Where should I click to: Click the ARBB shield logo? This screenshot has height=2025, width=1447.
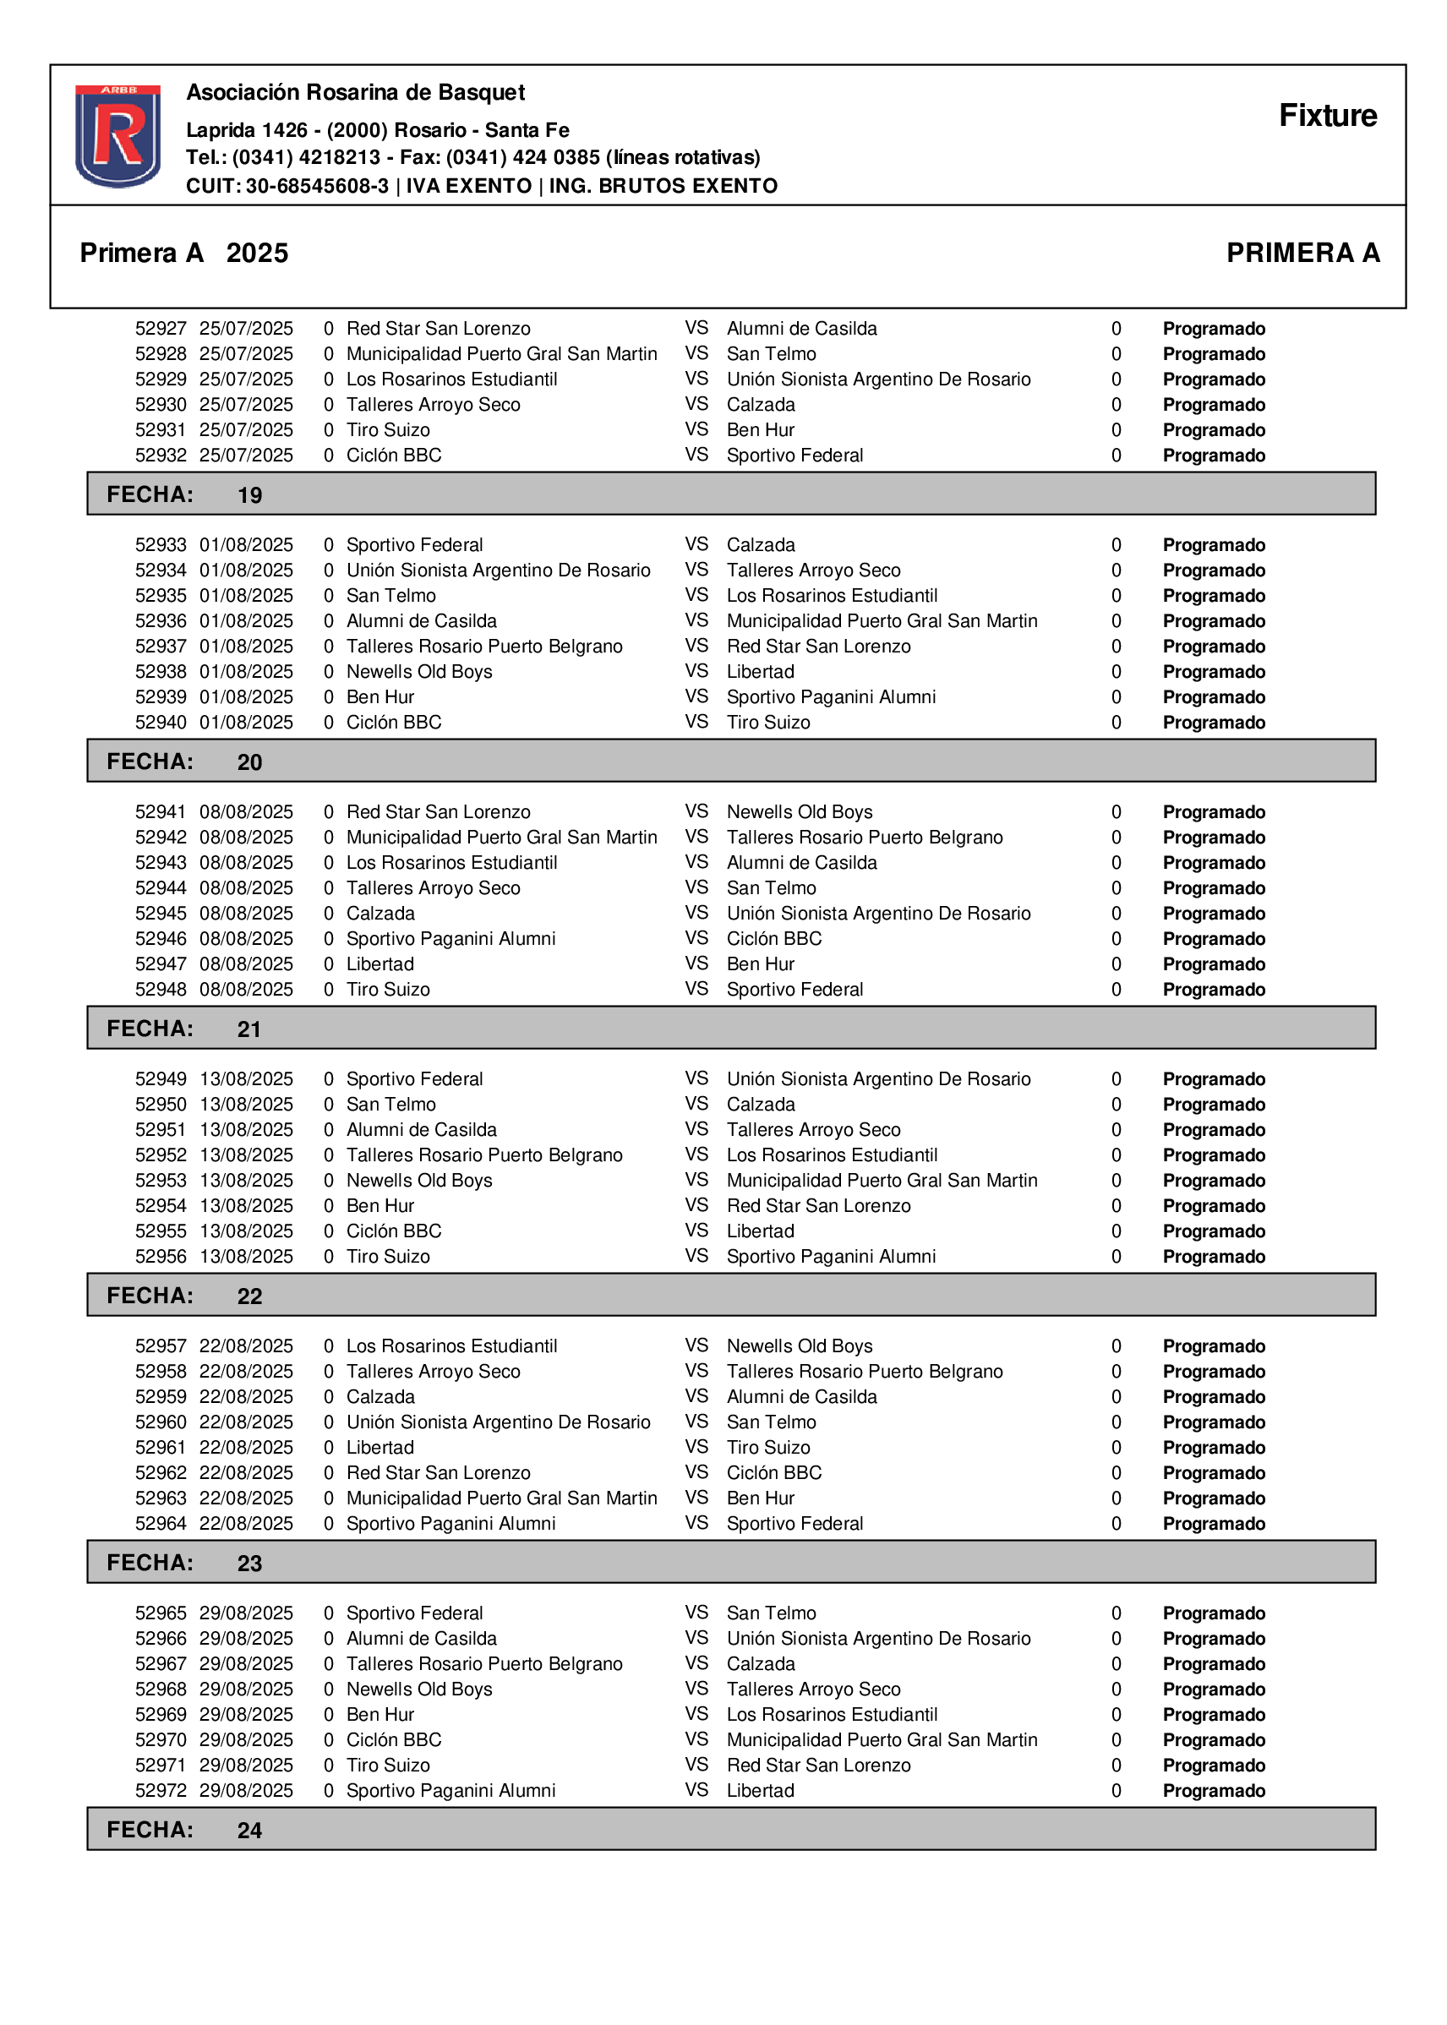117,135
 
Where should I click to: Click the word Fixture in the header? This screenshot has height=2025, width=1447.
1327,116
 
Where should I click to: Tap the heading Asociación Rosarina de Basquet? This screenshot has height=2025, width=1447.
355,93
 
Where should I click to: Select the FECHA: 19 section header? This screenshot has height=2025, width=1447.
183,494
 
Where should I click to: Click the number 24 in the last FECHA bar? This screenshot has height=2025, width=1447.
249,1830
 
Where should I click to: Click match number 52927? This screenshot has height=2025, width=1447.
161,329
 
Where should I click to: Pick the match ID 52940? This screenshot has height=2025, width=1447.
161,723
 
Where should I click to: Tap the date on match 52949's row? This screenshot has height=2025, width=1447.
246,1079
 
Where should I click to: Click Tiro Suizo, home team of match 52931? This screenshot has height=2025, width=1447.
388,430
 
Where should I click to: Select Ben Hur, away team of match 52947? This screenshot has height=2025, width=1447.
760,964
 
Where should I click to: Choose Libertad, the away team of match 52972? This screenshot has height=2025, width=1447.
760,1791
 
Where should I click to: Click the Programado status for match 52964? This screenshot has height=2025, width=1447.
1214,1524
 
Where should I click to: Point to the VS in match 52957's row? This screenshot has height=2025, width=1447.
696,1345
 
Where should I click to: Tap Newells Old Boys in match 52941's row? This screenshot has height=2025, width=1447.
800,811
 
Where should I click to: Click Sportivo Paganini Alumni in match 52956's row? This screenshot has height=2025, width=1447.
831,1256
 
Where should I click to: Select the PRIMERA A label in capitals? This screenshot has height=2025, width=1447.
1302,253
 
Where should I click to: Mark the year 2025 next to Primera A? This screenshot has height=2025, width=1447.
257,253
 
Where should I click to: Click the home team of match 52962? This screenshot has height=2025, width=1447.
438,1472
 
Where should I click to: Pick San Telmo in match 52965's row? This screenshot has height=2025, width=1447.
771,1613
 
